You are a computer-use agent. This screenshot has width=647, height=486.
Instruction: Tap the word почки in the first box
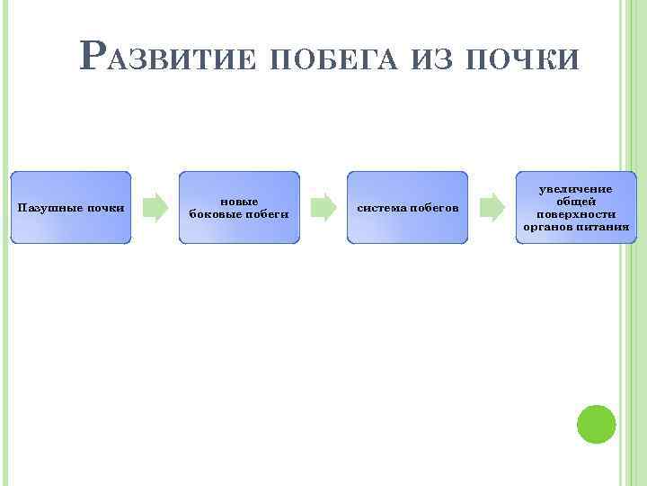click(x=106, y=208)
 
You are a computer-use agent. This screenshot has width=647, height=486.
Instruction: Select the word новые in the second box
click(x=239, y=202)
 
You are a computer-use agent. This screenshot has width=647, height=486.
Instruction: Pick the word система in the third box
click(x=382, y=208)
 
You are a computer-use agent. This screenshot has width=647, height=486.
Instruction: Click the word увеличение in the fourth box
click(x=575, y=189)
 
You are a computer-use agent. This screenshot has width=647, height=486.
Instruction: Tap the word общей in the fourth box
click(x=576, y=202)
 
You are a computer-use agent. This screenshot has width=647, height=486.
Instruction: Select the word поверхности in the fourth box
click(x=576, y=214)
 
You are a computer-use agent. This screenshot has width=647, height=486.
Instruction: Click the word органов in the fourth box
click(x=550, y=227)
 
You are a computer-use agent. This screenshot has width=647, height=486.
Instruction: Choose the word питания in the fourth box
click(x=604, y=227)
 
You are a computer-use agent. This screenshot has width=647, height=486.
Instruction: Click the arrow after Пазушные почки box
click(x=155, y=207)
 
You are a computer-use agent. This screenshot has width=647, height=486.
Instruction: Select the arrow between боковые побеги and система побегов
click(x=322, y=207)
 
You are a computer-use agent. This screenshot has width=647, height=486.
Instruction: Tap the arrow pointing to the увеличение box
click(x=491, y=207)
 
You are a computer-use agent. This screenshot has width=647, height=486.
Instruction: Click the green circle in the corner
click(x=596, y=424)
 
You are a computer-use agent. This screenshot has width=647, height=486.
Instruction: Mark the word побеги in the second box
click(x=267, y=214)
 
